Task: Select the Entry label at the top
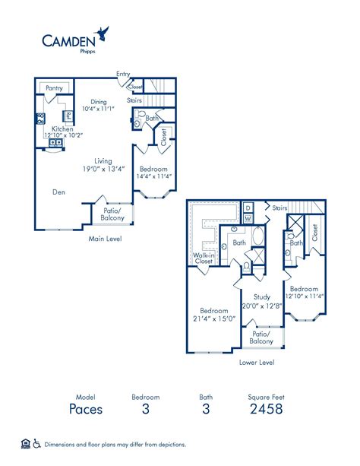point(122,74)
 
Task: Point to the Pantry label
point(54,88)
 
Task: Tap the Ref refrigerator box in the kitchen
point(68,116)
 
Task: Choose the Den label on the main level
point(58,192)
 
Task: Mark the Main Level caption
point(105,239)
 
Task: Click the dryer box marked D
point(248,208)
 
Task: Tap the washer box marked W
point(248,220)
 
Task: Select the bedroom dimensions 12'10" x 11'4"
point(305,296)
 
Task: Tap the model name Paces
point(86,410)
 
